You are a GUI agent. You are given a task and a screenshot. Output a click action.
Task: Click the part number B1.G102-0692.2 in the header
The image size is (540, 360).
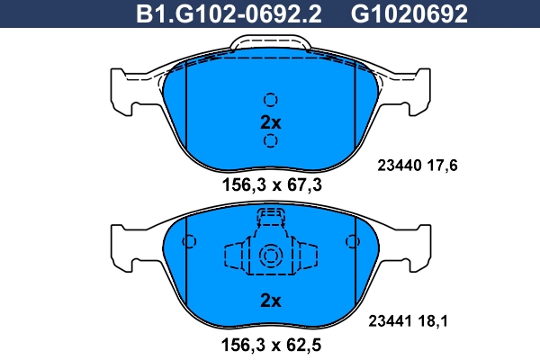click(x=229, y=14)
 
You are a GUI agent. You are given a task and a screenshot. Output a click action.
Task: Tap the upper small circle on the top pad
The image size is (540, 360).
click(x=270, y=100)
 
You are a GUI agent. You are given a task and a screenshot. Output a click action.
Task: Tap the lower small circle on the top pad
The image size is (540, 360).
click(x=270, y=141)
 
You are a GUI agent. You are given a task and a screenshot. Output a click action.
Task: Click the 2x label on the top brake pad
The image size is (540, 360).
click(x=270, y=121)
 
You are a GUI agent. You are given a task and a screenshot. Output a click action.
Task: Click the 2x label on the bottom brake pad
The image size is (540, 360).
click(x=270, y=299)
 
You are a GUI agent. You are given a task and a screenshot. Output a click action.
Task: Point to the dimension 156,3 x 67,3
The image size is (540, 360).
click(x=271, y=185)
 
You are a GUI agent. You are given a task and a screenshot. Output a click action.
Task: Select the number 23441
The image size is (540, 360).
click(x=391, y=319)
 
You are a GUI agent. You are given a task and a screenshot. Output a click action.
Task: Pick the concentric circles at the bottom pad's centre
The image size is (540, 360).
click(x=271, y=257)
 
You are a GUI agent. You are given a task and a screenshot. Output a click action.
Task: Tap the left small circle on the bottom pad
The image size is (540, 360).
click(x=189, y=242)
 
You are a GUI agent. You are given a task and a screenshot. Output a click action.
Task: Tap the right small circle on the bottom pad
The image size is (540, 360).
click(x=352, y=242)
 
